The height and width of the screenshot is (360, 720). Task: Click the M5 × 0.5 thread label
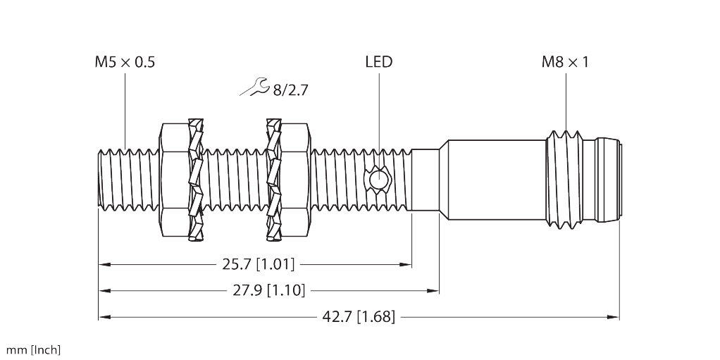[125, 61]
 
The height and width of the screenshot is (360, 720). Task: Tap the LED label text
[379, 61]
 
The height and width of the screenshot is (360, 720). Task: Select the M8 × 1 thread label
[565, 61]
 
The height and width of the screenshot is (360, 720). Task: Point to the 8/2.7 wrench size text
[290, 90]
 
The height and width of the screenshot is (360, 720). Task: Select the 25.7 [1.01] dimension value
[258, 264]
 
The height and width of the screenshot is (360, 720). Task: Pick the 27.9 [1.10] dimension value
[269, 290]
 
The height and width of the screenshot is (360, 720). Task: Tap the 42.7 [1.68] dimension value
[359, 316]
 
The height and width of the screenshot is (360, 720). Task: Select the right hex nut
[294, 180]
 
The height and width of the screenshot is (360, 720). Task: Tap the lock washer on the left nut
[196, 180]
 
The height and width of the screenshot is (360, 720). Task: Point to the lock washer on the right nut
[273, 180]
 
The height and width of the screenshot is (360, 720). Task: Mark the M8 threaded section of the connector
[565, 180]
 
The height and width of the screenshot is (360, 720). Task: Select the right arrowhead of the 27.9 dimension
[433, 290]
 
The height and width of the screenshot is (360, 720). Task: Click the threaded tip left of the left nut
[128, 180]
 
